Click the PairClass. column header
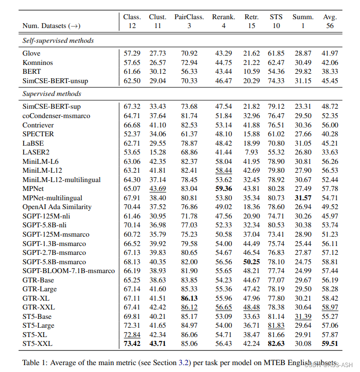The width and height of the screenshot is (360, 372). click(x=189, y=17)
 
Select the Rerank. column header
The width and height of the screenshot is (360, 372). click(x=224, y=17)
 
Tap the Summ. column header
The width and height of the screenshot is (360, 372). click(x=303, y=17)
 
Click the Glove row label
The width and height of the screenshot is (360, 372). click(x=32, y=53)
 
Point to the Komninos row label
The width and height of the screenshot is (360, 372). click(x=38, y=62)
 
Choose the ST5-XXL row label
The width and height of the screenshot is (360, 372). click(x=37, y=343)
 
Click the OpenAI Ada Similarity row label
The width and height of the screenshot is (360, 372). click(x=57, y=207)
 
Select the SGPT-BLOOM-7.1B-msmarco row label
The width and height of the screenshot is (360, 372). click(x=68, y=271)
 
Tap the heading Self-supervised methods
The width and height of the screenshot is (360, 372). click(x=58, y=40)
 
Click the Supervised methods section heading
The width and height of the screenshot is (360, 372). click(x=52, y=93)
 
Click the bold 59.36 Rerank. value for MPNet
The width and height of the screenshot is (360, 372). click(x=224, y=188)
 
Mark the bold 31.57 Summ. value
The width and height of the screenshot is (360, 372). click(x=303, y=197)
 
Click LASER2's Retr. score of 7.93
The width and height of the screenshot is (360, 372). click(x=252, y=152)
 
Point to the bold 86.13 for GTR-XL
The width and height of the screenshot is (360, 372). click(x=189, y=298)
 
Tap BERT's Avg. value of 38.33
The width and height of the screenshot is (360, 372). click(x=330, y=71)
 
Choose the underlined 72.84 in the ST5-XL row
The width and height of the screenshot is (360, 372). click(x=132, y=335)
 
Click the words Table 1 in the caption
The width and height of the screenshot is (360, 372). click(x=35, y=363)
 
